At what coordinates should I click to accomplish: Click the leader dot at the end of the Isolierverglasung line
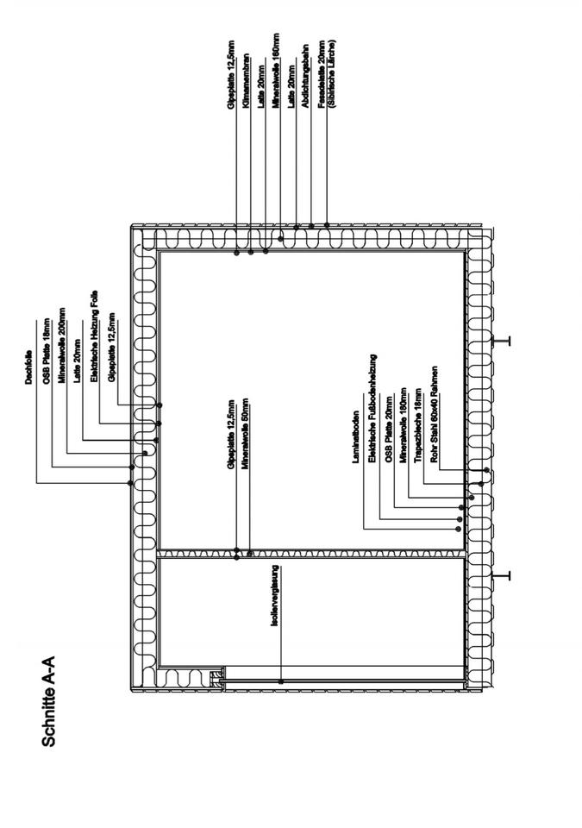pos(282,681)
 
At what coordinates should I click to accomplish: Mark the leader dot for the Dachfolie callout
pos(130,483)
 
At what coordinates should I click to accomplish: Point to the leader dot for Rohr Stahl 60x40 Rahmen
pos(486,470)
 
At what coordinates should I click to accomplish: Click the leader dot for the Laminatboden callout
pos(459,528)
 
